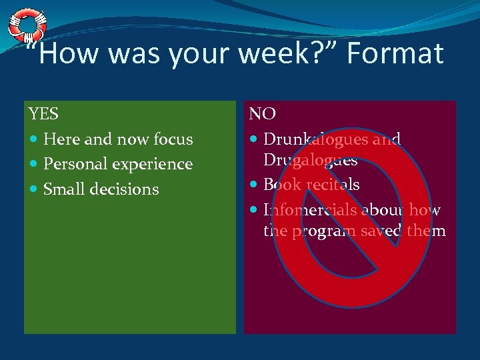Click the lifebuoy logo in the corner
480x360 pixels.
(27, 25)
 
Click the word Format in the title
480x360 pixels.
(393, 54)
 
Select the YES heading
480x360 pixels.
(43, 114)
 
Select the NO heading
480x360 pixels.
(263, 114)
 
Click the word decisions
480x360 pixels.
(124, 189)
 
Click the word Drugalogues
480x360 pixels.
(310, 160)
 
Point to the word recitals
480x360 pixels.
(331, 185)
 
